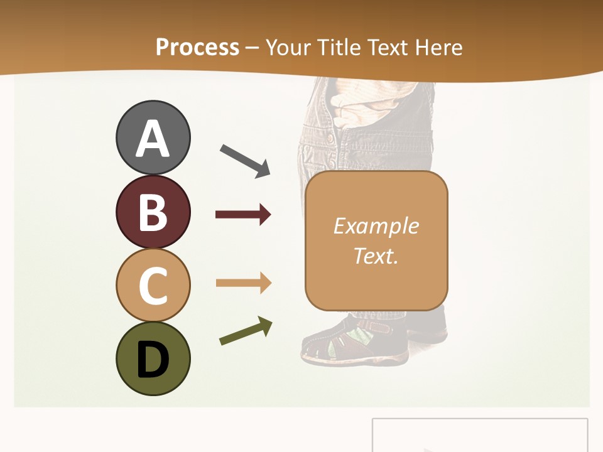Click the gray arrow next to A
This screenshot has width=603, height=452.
pos(245,160)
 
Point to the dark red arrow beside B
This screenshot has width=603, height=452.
pos(243,215)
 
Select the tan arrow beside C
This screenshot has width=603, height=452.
pos(244,283)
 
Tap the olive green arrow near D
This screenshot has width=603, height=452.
pos(246,331)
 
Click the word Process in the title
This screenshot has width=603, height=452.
pos(197,47)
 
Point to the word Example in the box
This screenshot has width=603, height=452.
pos(376,226)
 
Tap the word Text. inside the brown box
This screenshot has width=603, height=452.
pos(376,256)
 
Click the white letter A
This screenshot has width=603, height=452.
pos(153,138)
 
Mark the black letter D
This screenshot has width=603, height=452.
pos(153,359)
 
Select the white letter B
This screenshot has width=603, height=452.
pos(153,212)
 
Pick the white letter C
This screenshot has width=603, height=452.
pos(153,286)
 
